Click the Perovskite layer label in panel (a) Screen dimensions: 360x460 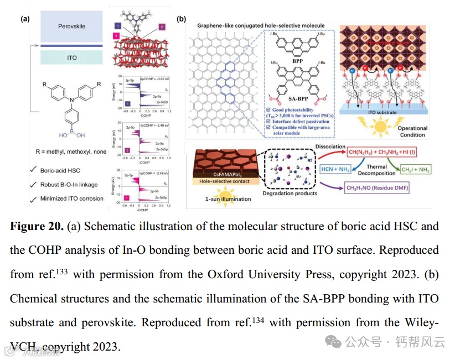pyautogui.click(x=72, y=27)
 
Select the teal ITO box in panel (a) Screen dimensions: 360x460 pyautogui.click(x=72, y=58)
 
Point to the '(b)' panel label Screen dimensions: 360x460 pyautogui.click(x=181, y=19)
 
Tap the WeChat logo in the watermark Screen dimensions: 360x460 pyautogui.click(x=334, y=342)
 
